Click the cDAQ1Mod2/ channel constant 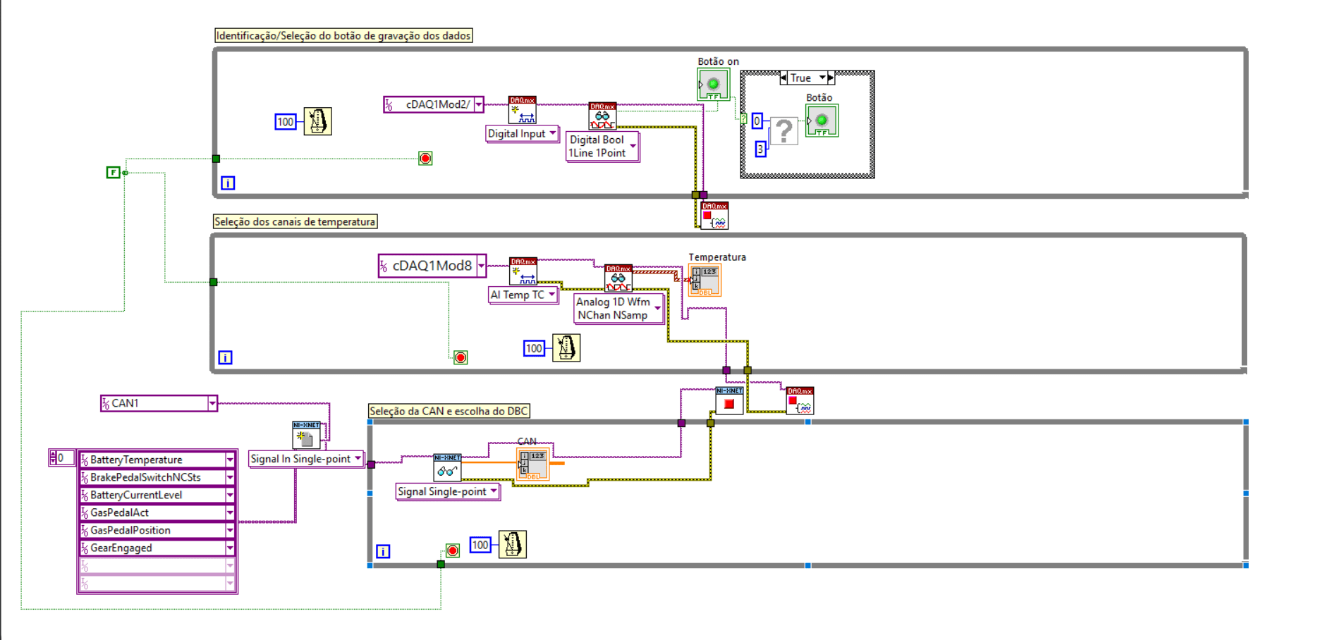(x=432, y=104)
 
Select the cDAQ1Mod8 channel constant (x=430, y=266)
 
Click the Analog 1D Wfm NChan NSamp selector (x=618, y=309)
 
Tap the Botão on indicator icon (x=713, y=85)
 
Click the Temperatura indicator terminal (x=705, y=280)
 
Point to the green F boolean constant (x=113, y=172)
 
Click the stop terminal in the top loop (x=425, y=159)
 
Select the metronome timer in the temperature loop (x=566, y=348)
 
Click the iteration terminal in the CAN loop (x=383, y=551)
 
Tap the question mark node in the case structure (x=783, y=131)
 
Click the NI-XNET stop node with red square (x=729, y=401)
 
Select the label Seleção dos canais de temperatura (x=295, y=222)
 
